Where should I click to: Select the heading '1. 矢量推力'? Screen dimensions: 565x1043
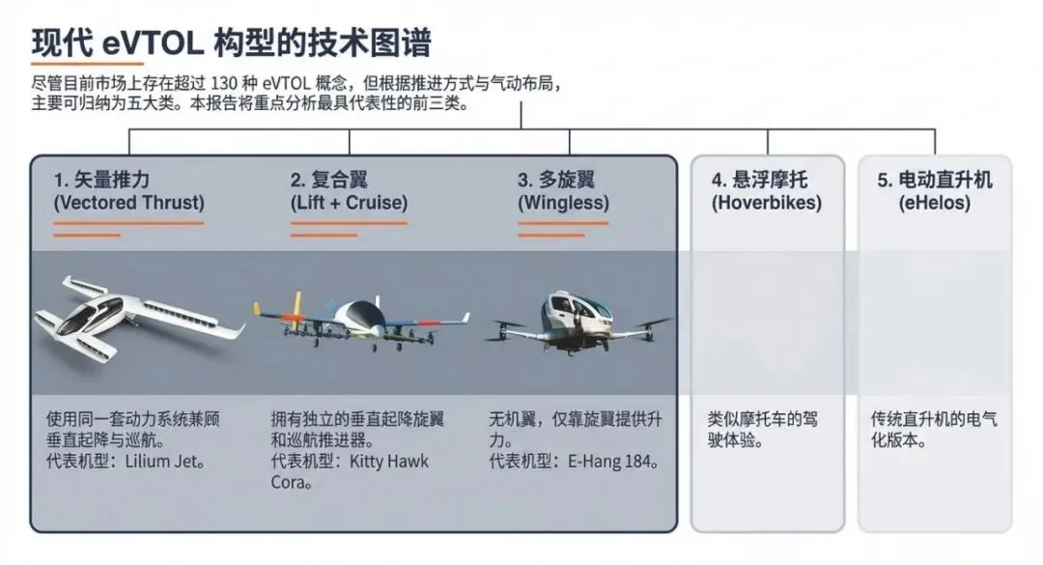102,180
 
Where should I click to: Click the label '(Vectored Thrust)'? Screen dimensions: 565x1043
129,203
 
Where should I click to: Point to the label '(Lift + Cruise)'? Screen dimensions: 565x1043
349,203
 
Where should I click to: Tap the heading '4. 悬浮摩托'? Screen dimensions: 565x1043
760,180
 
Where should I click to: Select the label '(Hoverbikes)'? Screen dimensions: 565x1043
767,203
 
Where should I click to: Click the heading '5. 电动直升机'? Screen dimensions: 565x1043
935,180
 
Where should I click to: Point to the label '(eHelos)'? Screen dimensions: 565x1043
935,203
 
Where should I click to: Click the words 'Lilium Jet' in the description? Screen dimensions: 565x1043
161,462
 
